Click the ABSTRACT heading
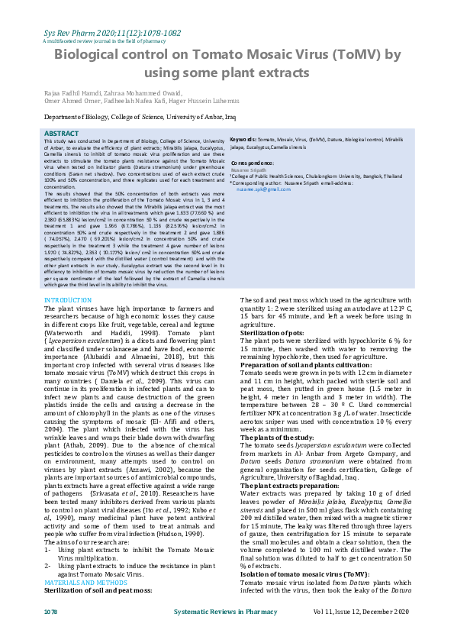click(x=61, y=133)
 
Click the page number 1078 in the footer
click(x=50, y=612)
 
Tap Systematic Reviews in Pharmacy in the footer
click(x=227, y=612)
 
